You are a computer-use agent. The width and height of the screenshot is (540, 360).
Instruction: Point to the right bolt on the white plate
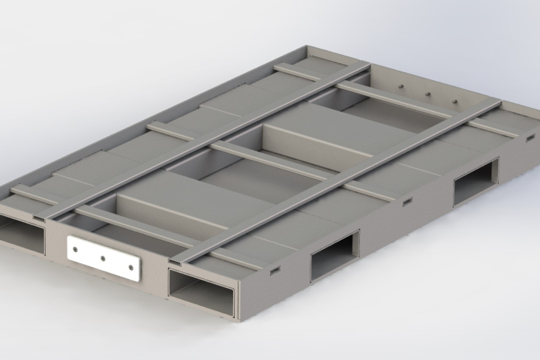pos(130,267)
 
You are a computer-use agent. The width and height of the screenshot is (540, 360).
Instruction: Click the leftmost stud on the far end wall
pos(402,87)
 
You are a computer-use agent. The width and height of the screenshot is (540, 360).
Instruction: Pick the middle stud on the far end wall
pos(428,94)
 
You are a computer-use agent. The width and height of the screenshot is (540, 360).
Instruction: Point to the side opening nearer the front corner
pos(334,255)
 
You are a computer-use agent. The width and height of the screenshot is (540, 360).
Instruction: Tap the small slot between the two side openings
pos(407,202)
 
